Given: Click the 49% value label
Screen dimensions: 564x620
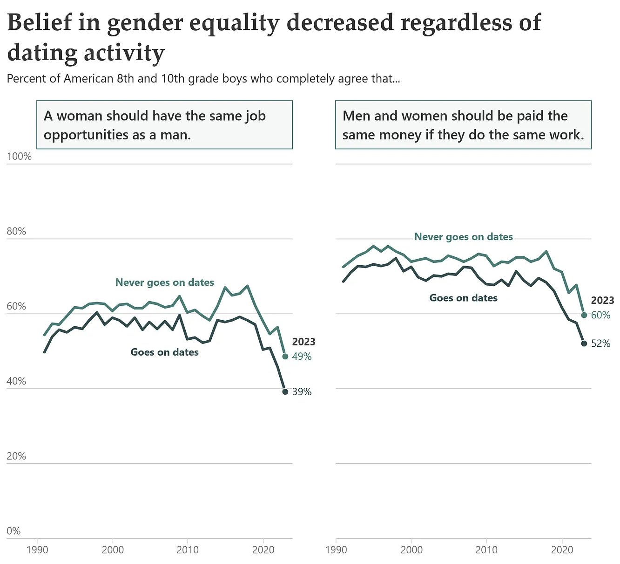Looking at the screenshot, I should [302, 357].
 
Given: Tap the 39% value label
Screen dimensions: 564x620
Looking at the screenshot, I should [302, 392].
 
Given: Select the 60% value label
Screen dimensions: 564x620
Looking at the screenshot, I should [600, 316].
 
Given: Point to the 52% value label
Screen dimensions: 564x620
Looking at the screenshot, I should [600, 344].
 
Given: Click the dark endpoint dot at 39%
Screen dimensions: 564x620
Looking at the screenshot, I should [285, 392].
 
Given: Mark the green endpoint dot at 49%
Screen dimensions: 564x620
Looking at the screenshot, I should [285, 357].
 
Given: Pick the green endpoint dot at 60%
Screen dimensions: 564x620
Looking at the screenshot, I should [584, 315].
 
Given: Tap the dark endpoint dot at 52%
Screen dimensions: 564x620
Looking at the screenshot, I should [584, 344].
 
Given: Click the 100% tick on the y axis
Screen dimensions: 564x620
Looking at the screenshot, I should [19, 157].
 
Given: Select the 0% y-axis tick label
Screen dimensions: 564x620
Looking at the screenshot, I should [13, 531].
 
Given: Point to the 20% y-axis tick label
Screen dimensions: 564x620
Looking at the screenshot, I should [16, 456].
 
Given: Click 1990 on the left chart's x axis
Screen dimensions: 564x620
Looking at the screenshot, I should [37, 550].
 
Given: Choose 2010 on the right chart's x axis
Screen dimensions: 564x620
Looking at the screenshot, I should [486, 550].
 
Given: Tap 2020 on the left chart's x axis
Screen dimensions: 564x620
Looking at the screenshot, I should [263, 550].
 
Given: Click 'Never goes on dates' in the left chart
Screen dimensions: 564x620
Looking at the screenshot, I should [165, 282].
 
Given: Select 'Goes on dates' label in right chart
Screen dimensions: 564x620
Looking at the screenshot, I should [463, 298].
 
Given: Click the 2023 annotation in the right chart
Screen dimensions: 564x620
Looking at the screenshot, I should [602, 301].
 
